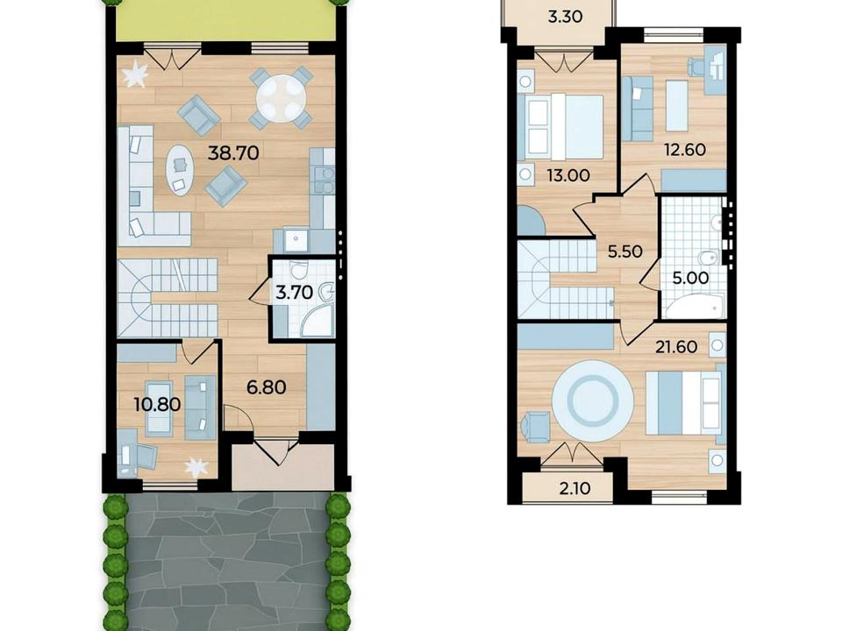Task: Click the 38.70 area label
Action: [x=233, y=153]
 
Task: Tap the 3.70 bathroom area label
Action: [x=294, y=293]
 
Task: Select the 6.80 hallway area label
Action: [x=267, y=386]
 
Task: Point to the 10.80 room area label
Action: [x=157, y=404]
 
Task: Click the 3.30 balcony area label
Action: [x=566, y=17]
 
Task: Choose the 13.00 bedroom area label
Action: [x=568, y=175]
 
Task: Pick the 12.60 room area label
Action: [x=685, y=149]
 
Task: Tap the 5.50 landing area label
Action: [x=624, y=252]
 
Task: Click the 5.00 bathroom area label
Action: [x=690, y=278]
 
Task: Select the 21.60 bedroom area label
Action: [x=676, y=347]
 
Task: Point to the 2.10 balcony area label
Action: [x=574, y=488]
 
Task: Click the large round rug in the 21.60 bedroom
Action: [x=593, y=401]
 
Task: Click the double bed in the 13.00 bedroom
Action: [x=565, y=126]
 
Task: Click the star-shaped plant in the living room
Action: [x=135, y=74]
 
